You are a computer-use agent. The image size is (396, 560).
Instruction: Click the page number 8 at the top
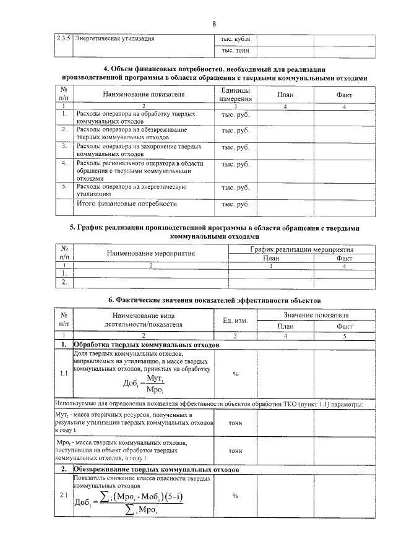click(x=213, y=24)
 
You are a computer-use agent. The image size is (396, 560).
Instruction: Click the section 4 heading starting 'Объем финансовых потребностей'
click(x=213, y=74)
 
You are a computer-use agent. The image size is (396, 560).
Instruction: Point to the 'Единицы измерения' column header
click(x=235, y=94)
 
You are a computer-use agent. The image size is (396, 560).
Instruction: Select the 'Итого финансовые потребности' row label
click(x=126, y=204)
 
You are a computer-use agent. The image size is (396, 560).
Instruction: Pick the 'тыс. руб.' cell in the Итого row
click(x=235, y=204)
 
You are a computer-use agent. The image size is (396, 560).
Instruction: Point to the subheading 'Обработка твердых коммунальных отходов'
click(x=147, y=344)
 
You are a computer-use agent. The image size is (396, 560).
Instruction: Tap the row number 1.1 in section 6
click(x=64, y=374)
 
